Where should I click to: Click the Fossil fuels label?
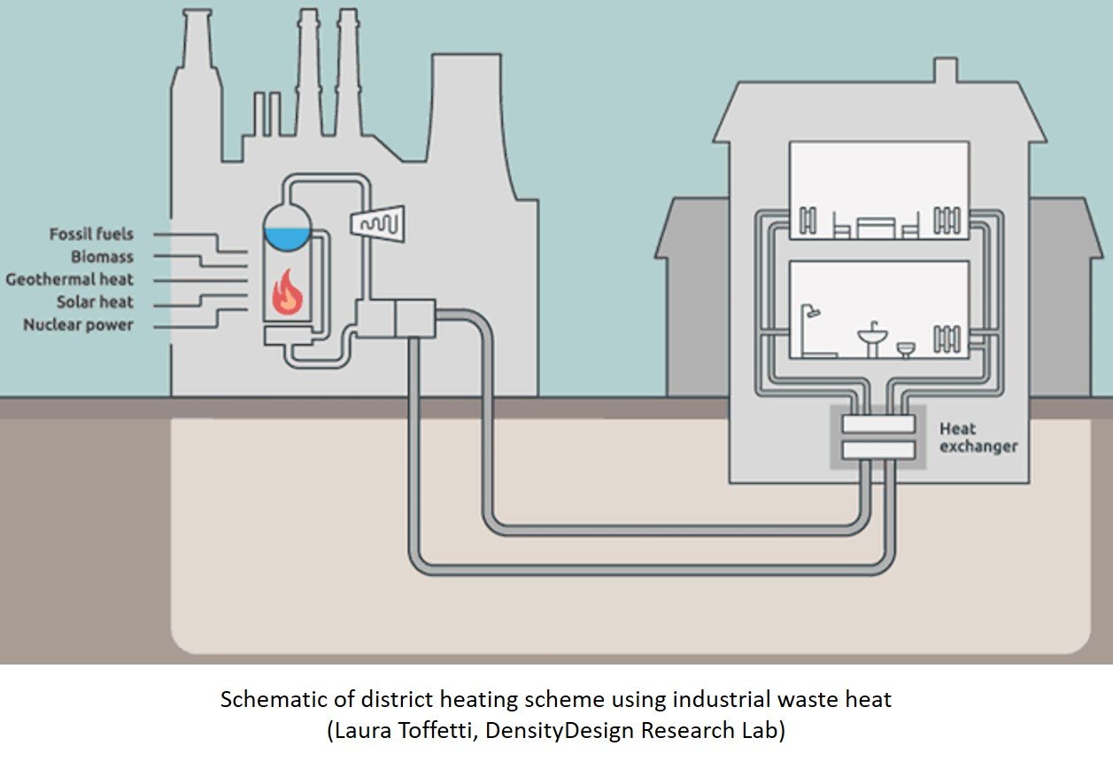[x=91, y=234]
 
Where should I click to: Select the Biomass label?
[x=103, y=258]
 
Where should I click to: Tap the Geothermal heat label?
[x=69, y=280]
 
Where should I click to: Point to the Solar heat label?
[x=95, y=303]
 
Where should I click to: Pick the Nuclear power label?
[x=78, y=325]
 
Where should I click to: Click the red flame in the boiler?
[x=287, y=292]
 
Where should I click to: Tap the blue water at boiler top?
[x=288, y=237]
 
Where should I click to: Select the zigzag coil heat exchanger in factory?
[x=379, y=224]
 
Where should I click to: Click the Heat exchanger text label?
[x=978, y=437]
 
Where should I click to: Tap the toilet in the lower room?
[x=906, y=350]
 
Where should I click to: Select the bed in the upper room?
[x=877, y=227]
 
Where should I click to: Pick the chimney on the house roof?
[x=946, y=72]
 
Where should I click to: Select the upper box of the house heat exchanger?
[x=877, y=425]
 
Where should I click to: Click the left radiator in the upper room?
[x=808, y=219]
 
